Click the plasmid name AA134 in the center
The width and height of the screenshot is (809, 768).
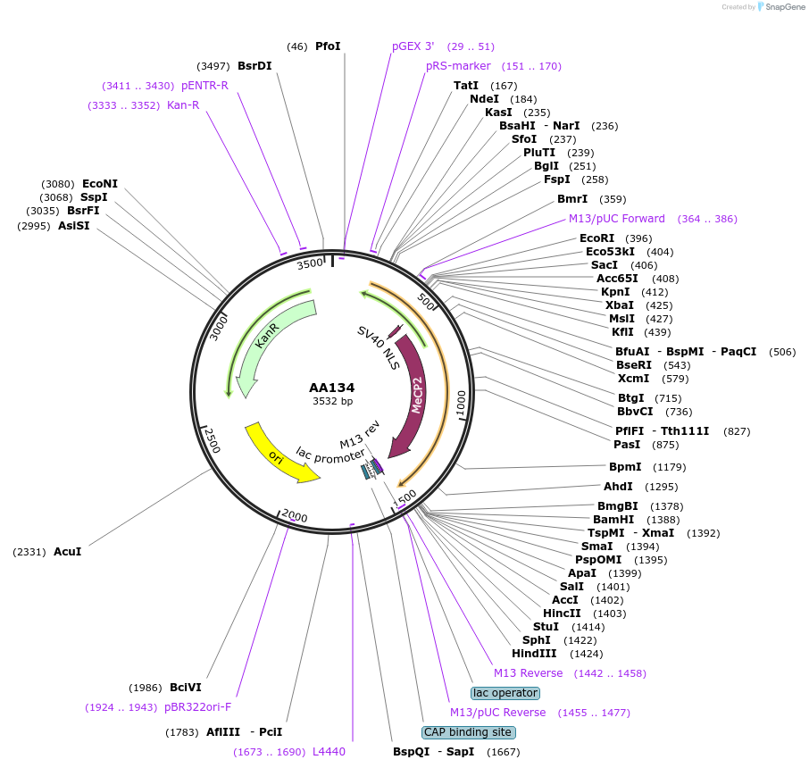pos(332,388)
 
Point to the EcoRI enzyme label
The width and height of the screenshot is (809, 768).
pos(597,238)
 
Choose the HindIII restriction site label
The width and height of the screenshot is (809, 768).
pos(534,653)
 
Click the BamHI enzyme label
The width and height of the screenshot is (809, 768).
pos(613,519)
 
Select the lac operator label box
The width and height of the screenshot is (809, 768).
pos(505,693)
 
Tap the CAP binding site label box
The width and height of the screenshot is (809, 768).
pos(468,732)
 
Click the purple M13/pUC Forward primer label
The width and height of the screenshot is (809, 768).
pos(617,219)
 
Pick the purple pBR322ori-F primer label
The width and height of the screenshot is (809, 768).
pos(197,707)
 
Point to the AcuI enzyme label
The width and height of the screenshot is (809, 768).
pos(68,552)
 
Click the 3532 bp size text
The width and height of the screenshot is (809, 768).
pos(332,402)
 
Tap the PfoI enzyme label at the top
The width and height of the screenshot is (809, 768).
pos(328,46)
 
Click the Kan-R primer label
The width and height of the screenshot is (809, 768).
pos(183,105)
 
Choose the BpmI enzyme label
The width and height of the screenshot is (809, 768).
pos(625,466)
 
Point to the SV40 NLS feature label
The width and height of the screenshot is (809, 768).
pos(379,346)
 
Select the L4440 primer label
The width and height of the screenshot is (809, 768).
pos(329,752)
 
